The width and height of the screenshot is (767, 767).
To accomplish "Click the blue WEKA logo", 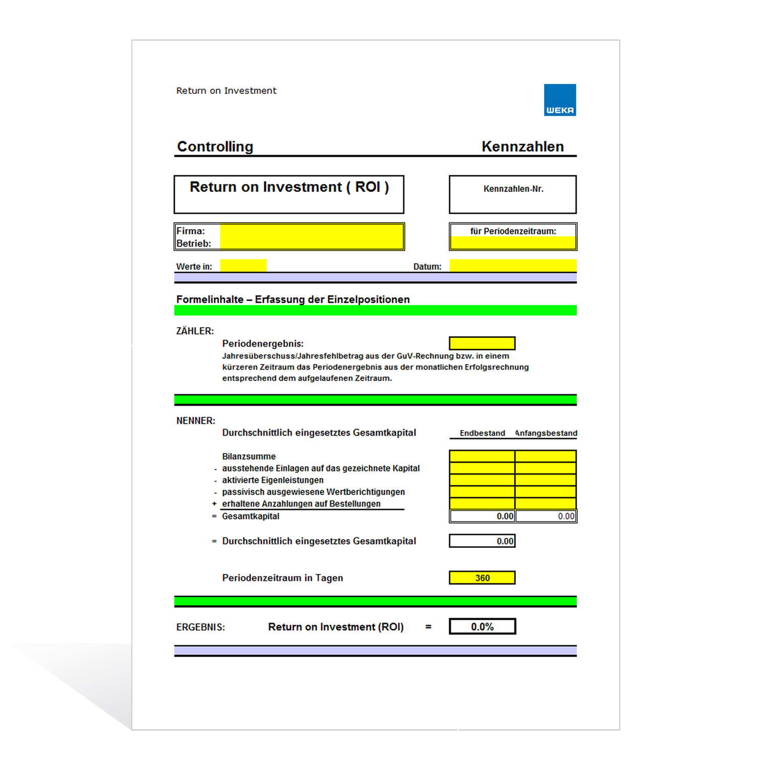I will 560,100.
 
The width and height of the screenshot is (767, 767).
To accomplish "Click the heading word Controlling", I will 215,147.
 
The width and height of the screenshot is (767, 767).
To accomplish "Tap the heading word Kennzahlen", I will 523,147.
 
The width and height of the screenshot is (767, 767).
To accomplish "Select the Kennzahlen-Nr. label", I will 513,189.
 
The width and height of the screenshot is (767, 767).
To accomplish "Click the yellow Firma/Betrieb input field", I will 312,237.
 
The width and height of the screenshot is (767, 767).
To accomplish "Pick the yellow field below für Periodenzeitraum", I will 513,243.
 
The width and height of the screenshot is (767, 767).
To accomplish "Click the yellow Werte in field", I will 243,265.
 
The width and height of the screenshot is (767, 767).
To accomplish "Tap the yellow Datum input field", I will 513,265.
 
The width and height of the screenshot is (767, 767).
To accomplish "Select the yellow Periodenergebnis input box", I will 482,343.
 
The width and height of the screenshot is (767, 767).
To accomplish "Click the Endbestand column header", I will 482,433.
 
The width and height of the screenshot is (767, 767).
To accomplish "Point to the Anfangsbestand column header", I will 546,433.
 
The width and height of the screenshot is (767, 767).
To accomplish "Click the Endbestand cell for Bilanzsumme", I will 482,456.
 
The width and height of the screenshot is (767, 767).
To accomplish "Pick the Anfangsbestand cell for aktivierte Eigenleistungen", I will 546,480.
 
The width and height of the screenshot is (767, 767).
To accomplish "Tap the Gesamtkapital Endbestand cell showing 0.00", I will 482,516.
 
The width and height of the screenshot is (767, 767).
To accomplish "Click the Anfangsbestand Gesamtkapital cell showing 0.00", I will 546,516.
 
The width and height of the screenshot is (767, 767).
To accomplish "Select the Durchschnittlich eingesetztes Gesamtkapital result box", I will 482,541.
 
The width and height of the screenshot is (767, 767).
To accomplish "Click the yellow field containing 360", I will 482,578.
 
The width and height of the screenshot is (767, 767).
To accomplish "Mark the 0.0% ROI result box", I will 482,626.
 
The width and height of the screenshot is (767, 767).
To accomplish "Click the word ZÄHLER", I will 195,331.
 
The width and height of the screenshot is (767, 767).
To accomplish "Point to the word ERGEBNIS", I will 200,627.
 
